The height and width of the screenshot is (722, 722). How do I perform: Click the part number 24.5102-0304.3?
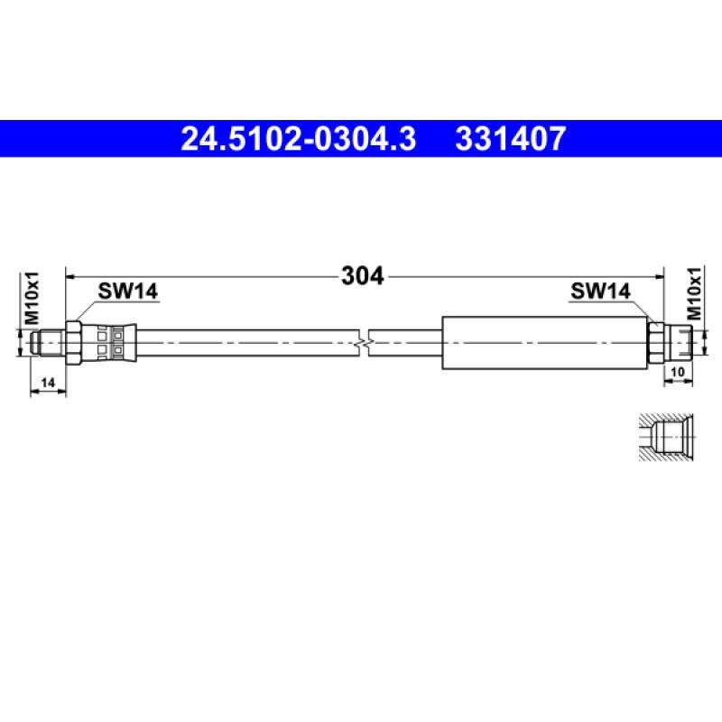pyautogui.click(x=299, y=139)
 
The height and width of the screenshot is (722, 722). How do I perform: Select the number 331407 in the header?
pyautogui.click(x=512, y=139)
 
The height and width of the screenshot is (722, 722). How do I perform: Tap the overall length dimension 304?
pyautogui.click(x=363, y=275)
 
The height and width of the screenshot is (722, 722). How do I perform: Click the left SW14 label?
pyautogui.click(x=128, y=291)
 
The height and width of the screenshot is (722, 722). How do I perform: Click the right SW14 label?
pyautogui.click(x=599, y=291)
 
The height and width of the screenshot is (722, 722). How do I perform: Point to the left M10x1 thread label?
pyautogui.click(x=32, y=298)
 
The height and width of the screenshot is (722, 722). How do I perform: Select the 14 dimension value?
pyautogui.click(x=51, y=383)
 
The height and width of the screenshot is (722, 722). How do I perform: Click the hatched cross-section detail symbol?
pyautogui.click(x=666, y=438)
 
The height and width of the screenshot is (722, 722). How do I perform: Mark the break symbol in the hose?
pyautogui.click(x=365, y=343)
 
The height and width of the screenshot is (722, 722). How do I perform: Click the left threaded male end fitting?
pyautogui.click(x=45, y=343)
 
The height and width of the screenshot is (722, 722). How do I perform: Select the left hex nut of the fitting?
pyautogui.click(x=76, y=343)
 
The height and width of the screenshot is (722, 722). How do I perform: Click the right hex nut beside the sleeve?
pyautogui.click(x=657, y=343)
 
